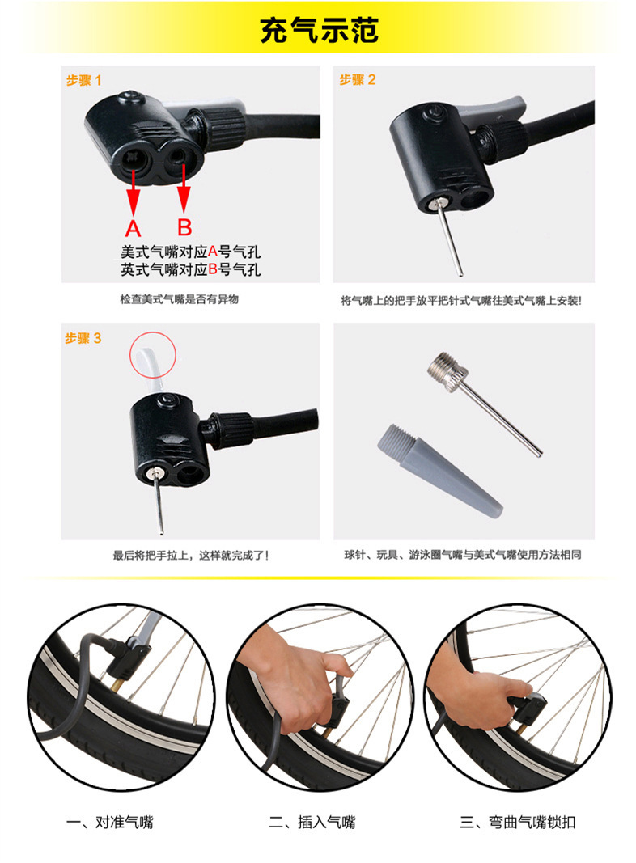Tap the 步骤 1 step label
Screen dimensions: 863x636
[84, 80]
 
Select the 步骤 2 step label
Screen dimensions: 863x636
[357, 79]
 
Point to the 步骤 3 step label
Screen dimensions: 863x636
[83, 338]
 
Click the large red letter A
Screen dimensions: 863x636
[134, 227]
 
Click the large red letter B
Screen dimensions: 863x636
[184, 226]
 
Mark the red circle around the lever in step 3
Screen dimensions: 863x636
[153, 353]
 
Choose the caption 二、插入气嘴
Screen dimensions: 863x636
[312, 823]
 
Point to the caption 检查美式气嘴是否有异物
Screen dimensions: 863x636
[179, 299]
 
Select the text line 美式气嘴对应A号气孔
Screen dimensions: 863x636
[191, 252]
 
